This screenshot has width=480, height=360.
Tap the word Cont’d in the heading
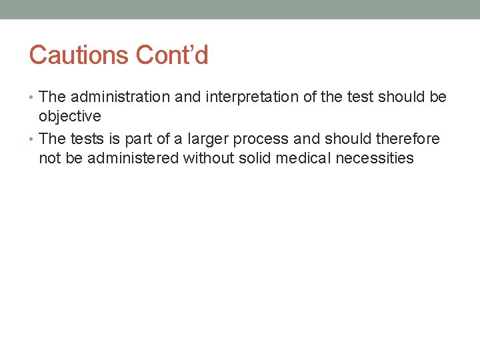[x=172, y=55]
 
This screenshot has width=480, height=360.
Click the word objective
[x=70, y=116]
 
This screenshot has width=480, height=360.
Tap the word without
[x=209, y=158]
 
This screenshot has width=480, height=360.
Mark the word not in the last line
[x=50, y=158]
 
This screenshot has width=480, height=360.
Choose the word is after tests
[x=111, y=139]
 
